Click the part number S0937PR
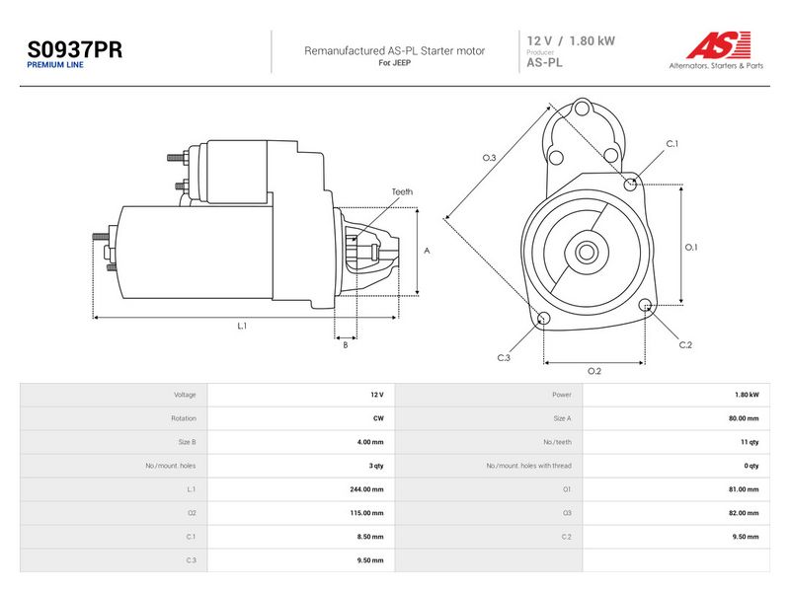[75, 49]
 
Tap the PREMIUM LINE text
[55, 65]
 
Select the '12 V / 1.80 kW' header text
[571, 40]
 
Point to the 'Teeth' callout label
[402, 191]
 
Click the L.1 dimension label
[242, 326]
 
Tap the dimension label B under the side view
[345, 345]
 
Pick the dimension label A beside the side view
[427, 251]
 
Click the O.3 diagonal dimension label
[489, 158]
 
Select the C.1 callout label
[672, 144]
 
